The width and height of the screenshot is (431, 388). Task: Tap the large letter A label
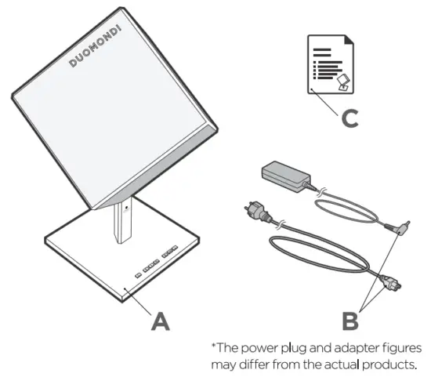[x=161, y=319]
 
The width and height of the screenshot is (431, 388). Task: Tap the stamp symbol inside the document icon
[x=342, y=79]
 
